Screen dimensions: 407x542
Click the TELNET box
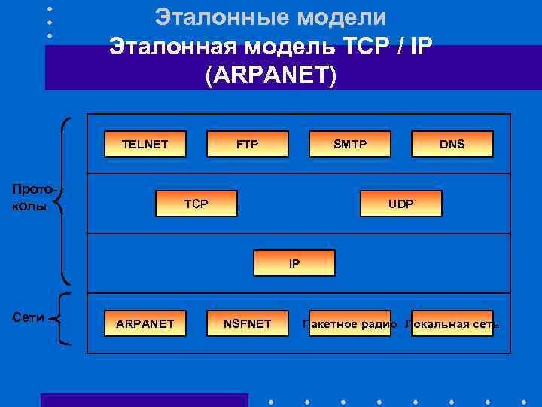click(x=145, y=144)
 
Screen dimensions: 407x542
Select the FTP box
click(x=247, y=144)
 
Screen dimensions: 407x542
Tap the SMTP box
click(x=350, y=144)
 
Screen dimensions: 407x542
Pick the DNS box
click(x=452, y=144)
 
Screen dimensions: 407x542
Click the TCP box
click(x=196, y=203)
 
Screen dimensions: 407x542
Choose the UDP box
click(x=400, y=203)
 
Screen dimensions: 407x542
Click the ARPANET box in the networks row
click(x=145, y=324)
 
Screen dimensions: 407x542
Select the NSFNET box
click(x=248, y=324)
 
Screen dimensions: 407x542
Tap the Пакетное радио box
click(x=349, y=324)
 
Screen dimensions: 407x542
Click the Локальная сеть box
click(x=452, y=324)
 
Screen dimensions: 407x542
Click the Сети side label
click(x=29, y=317)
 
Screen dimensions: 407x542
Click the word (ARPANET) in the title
click(x=271, y=76)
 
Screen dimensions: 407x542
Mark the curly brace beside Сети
click(x=63, y=320)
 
